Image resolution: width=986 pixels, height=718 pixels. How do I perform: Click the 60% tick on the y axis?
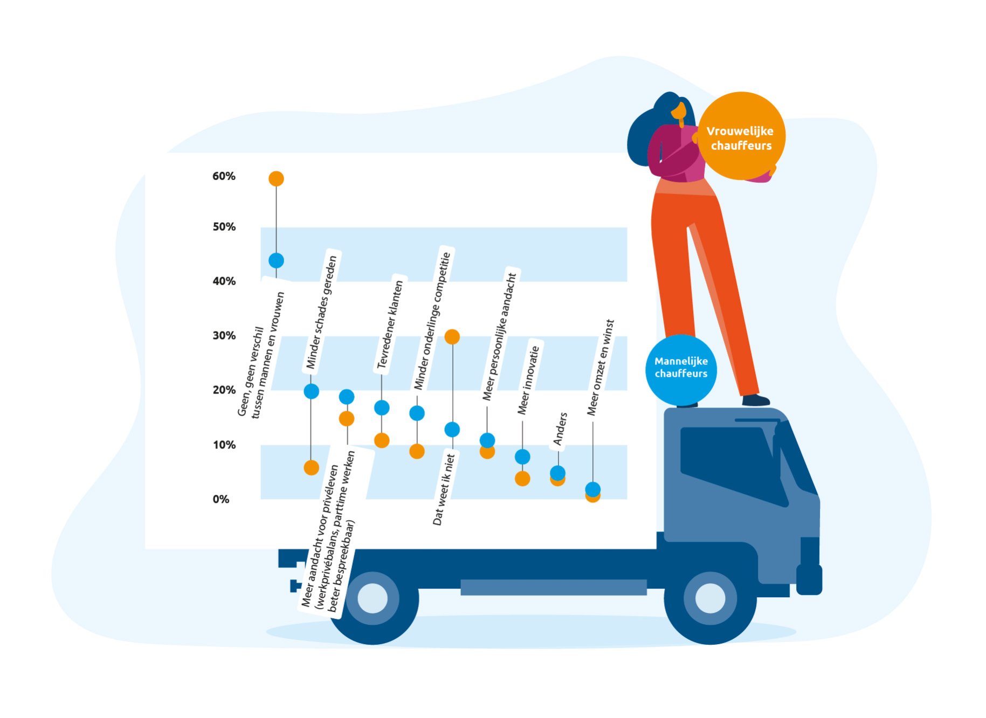pyautogui.click(x=224, y=176)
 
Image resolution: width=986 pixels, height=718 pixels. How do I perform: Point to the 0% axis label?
pyautogui.click(x=221, y=499)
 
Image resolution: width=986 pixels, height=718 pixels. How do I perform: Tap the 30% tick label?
pyautogui.click(x=224, y=335)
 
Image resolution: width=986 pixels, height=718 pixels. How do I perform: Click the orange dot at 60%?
pyautogui.click(x=276, y=178)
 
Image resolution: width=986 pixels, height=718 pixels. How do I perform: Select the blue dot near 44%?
pyautogui.click(x=276, y=260)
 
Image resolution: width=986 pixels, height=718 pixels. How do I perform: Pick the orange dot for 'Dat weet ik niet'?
pyautogui.click(x=452, y=337)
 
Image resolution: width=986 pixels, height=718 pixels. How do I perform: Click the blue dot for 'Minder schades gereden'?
pyautogui.click(x=311, y=391)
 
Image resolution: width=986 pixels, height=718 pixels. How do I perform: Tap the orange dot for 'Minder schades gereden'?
pyautogui.click(x=311, y=467)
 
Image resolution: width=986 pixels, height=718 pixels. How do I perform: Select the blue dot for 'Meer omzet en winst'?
pyautogui.click(x=592, y=489)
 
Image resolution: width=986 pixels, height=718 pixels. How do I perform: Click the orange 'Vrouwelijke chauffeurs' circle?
pyautogui.click(x=741, y=136)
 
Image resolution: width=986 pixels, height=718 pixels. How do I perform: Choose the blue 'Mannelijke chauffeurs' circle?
pyautogui.click(x=681, y=369)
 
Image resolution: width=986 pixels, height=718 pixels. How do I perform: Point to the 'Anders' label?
pyautogui.click(x=561, y=429)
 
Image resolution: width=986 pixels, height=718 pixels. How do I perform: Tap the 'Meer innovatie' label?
pyautogui.click(x=528, y=380)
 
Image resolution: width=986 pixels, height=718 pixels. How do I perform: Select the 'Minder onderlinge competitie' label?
pyautogui.click(x=432, y=321)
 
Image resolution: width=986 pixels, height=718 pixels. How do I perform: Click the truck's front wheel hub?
pyautogui.click(x=710, y=598)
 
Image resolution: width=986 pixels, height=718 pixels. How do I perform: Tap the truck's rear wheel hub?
pyautogui.click(x=373, y=598)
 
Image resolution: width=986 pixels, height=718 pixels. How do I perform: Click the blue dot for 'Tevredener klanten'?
pyautogui.click(x=382, y=408)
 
